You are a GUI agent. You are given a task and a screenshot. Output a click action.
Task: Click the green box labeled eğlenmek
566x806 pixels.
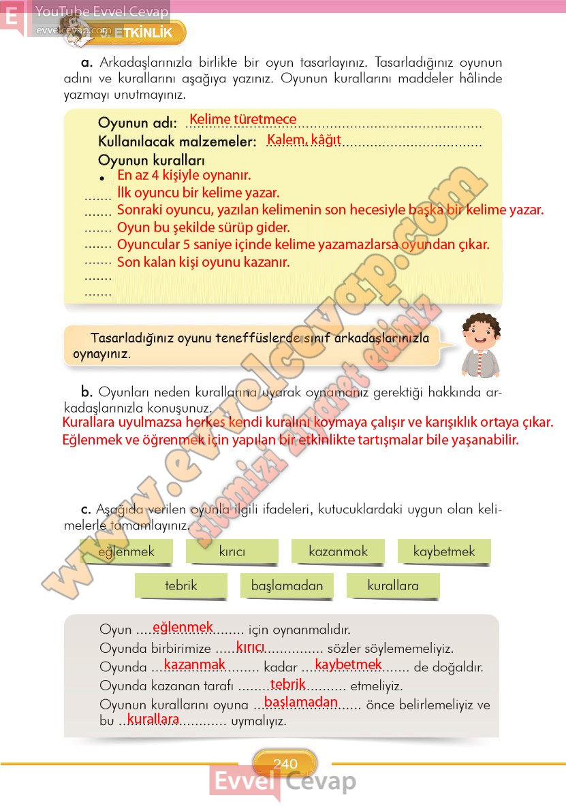coord(126,551)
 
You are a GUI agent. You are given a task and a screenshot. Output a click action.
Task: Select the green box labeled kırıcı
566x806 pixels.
coord(232,551)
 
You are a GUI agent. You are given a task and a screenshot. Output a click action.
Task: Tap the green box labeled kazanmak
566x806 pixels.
coord(338,551)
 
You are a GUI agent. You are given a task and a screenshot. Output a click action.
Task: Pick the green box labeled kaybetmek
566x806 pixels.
coord(443,551)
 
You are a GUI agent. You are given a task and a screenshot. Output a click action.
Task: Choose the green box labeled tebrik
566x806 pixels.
coord(180,585)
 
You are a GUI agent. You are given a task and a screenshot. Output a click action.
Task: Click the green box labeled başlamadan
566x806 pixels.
coord(287,585)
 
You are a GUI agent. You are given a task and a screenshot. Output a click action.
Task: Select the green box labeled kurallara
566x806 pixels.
coord(393,585)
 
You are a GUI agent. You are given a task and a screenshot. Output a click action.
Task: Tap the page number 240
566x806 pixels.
coord(285,764)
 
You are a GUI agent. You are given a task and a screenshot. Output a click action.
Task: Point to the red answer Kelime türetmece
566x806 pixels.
coord(242,120)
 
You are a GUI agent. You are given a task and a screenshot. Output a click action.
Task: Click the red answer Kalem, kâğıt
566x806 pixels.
coord(304,140)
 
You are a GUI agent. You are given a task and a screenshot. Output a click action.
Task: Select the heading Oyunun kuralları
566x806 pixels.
coord(151,161)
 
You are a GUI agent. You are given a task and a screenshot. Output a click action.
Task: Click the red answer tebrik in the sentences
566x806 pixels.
coord(287,684)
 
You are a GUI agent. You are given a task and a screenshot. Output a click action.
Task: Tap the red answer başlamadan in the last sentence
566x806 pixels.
coord(300,702)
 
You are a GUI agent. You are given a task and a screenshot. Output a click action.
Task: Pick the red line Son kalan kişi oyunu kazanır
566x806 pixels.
coord(204,262)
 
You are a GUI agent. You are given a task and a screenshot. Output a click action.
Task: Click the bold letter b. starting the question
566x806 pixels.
coord(87,391)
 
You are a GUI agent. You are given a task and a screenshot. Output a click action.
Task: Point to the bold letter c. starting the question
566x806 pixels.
coord(86,509)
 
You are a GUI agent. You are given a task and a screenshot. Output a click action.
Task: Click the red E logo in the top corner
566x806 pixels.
coord(12,17)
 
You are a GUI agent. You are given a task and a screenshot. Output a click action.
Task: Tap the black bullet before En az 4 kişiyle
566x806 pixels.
coord(101,178)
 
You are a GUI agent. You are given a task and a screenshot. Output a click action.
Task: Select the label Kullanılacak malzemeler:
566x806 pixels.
coord(177,142)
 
